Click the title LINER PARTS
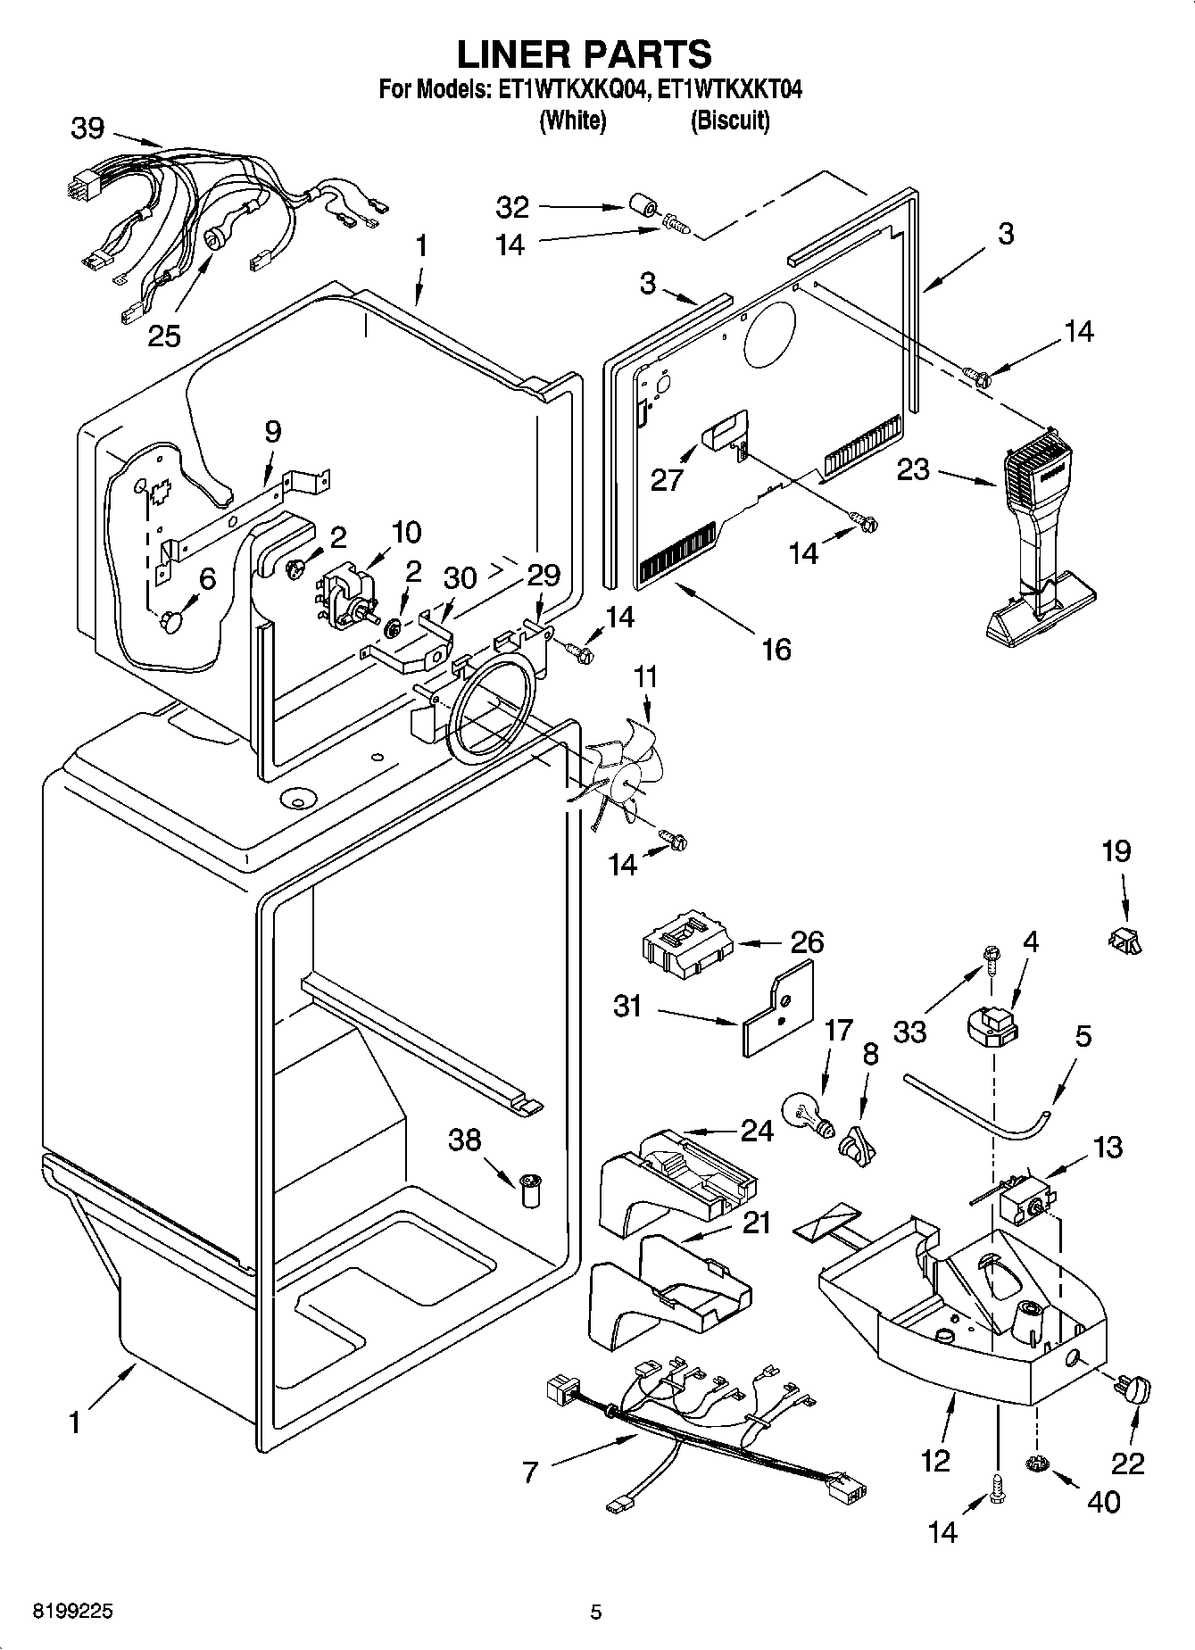point(585,54)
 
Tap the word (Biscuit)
point(729,120)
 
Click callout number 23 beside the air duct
point(913,469)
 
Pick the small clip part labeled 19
point(1127,940)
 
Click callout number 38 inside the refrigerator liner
point(464,1140)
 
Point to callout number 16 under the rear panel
point(776,649)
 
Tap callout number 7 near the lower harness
point(530,1472)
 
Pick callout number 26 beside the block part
point(806,942)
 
